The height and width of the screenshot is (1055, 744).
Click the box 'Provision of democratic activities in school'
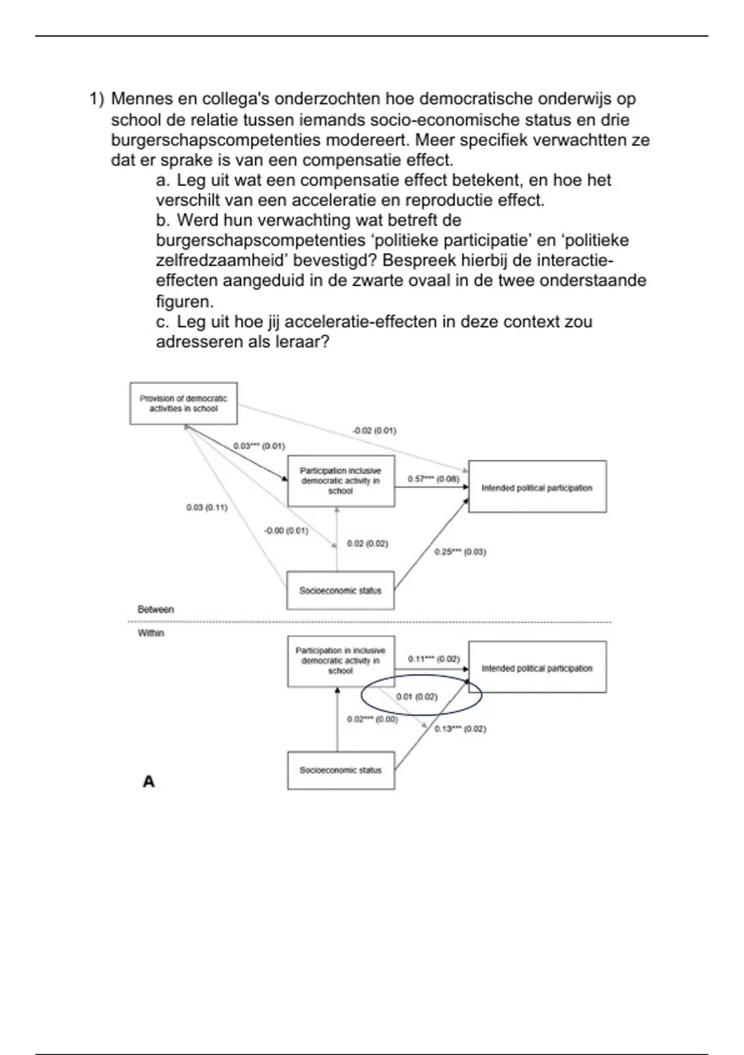coord(184,403)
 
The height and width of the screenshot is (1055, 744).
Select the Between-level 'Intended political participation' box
coord(537,488)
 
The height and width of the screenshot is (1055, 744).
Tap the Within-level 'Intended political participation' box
coord(537,668)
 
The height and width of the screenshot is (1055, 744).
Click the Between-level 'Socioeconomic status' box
coord(340,590)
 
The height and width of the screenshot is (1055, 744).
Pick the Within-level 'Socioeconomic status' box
coord(340,770)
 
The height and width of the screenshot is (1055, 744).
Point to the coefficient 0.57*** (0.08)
coord(433,479)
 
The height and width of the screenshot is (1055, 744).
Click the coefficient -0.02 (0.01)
coord(374,430)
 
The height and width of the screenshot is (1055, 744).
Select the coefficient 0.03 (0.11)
coord(206,508)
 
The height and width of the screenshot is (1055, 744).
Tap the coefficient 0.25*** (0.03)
coord(460,552)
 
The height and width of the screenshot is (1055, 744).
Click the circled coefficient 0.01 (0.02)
coord(417,697)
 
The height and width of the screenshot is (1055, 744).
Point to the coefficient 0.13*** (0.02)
coord(460,729)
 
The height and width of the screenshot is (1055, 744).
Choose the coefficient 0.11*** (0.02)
coord(434,659)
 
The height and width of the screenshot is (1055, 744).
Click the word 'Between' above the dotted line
coord(156,609)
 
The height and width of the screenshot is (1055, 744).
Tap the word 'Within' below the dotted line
coord(151,633)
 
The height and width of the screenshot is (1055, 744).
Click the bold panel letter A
coord(149,781)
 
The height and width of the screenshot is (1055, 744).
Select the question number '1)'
coord(97,99)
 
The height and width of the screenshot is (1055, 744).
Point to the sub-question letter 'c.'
coord(163,321)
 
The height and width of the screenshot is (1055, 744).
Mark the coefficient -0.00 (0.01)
coord(286,531)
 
